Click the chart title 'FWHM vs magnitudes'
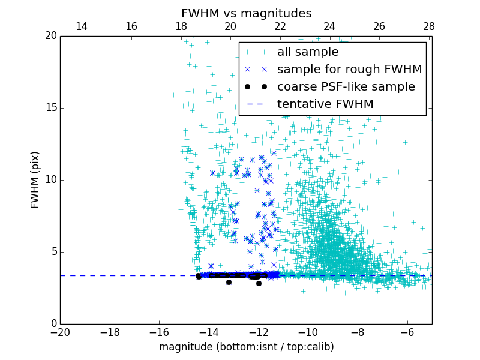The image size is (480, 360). tap(246, 13)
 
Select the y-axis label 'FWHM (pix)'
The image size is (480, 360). tap(35, 180)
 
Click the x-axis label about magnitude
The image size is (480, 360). tap(246, 347)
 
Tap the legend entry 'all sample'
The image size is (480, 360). tap(308, 52)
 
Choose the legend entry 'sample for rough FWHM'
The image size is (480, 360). tap(349, 70)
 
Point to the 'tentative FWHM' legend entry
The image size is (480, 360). tap(325, 104)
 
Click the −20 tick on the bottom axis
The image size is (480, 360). tap(60, 332)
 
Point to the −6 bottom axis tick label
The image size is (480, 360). tap(407, 332)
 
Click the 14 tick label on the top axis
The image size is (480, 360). tap(82, 26)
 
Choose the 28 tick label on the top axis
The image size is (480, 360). tap(428, 26)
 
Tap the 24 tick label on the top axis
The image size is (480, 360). tap(329, 26)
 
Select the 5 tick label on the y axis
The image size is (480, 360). tap(53, 252)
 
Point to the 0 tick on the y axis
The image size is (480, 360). tap(53, 324)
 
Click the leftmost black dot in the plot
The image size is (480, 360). tap(199, 276)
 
